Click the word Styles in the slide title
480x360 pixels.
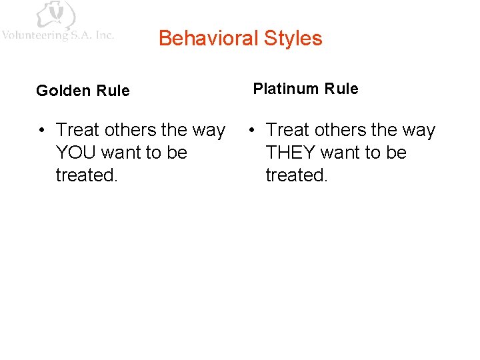point(293,39)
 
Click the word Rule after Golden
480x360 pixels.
point(113,91)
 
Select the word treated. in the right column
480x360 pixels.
point(297,175)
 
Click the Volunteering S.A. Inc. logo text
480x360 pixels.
point(58,35)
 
